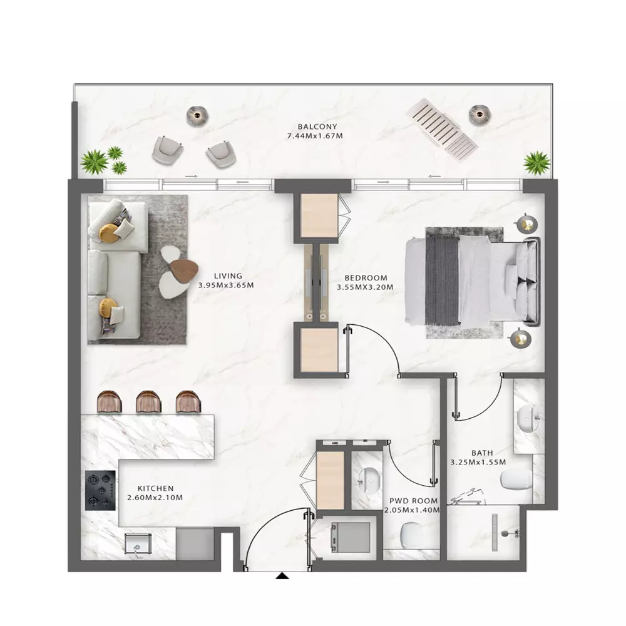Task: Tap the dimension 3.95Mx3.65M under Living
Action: pos(226,285)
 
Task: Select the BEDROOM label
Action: pos(366,278)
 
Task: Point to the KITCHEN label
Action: pos(155,488)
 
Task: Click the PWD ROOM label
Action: pos(414,501)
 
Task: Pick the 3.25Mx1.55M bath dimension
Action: pos(478,463)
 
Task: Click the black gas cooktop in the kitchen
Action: pos(100,490)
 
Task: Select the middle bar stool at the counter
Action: pos(148,402)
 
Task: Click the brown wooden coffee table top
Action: pos(183,270)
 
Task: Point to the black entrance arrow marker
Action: pos(282,576)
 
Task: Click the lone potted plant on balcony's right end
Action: pos(537,163)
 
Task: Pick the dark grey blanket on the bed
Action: pos(443,280)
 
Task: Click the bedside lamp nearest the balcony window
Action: pos(526,224)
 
